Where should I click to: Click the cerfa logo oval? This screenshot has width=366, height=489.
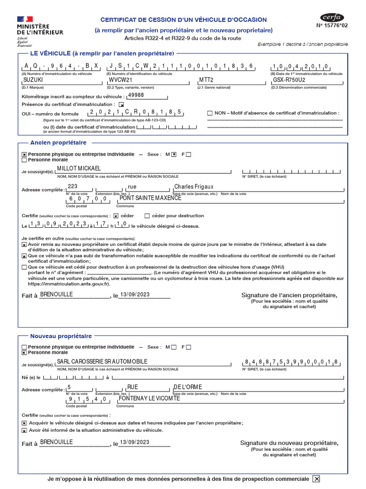pos(332,18)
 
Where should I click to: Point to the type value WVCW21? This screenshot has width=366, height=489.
pos(120,80)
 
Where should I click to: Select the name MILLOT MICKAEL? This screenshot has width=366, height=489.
pos(79,169)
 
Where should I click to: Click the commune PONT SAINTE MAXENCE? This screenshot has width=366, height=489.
pos(150,198)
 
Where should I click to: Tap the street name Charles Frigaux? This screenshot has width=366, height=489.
pos(194,187)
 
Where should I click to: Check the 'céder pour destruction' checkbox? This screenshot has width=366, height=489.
pos(147,216)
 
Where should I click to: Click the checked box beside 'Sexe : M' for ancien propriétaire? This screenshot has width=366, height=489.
pos(174,154)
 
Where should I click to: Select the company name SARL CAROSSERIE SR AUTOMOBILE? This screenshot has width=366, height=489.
pos(102,361)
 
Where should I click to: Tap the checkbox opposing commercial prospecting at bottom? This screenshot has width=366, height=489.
pos(316,479)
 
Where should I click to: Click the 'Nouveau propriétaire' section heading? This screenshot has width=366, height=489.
pos(61,336)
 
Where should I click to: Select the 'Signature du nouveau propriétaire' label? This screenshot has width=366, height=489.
pos(289,443)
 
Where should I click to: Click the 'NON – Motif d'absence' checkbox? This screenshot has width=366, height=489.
pos(210,113)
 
